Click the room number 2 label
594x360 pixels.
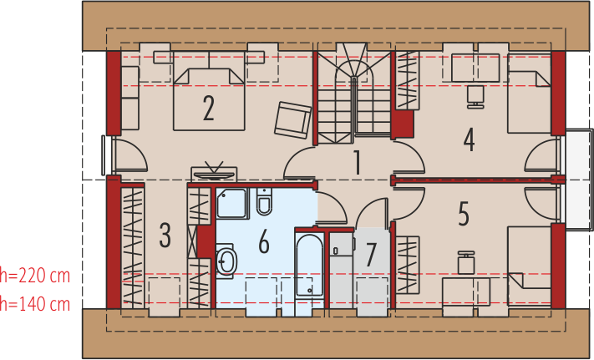tap(208, 109)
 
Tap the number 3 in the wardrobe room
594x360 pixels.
tap(165, 235)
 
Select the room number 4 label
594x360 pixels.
tap(469, 139)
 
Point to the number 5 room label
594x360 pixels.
tap(464, 214)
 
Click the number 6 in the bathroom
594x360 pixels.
tap(264, 241)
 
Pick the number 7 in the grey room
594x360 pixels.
tap(371, 255)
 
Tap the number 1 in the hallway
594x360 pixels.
tap(357, 162)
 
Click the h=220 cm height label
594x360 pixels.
tap(35, 276)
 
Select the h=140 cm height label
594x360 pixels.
tap(35, 303)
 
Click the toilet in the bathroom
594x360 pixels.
tap(264, 201)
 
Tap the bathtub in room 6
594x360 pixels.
tap(309, 265)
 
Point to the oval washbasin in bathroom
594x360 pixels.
tap(226, 261)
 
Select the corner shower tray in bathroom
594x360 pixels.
tap(232, 203)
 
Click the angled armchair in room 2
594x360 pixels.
tap(293, 120)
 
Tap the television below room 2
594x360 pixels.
tap(214, 173)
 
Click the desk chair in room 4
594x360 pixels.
tap(475, 97)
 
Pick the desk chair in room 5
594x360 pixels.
tap(466, 262)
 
